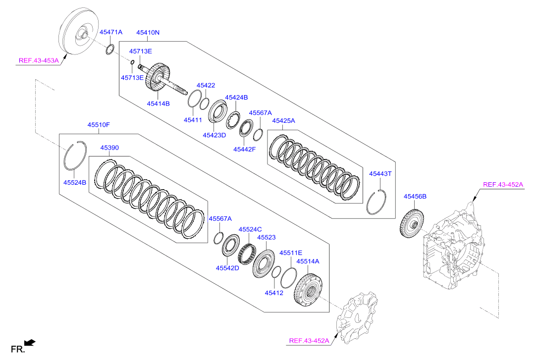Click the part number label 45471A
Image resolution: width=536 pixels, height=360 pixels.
tap(111, 32)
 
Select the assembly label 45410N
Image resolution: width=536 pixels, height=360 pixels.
tap(148, 33)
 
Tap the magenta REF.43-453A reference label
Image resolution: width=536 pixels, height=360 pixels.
tap(39, 61)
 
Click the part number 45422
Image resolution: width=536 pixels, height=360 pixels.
tap(206, 85)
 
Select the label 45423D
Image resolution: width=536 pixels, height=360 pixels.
tap(214, 135)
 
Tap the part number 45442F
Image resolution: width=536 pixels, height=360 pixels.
tap(244, 149)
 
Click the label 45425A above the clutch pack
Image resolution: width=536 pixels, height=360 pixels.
tap(283, 120)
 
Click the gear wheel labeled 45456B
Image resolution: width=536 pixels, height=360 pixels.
tap(412, 223)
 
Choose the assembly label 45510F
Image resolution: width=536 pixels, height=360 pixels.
tap(99, 125)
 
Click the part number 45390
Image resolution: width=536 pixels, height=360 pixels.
tap(109, 148)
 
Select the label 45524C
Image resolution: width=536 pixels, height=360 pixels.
tap(250, 230)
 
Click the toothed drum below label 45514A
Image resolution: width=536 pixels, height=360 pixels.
tap(308, 290)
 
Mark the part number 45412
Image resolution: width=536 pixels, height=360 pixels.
tap(274, 293)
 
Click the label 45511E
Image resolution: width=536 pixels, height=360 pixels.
tap(291, 253)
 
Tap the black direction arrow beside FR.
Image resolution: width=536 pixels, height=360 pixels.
tap(30, 343)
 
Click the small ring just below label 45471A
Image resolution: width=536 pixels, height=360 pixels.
tap(109, 49)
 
